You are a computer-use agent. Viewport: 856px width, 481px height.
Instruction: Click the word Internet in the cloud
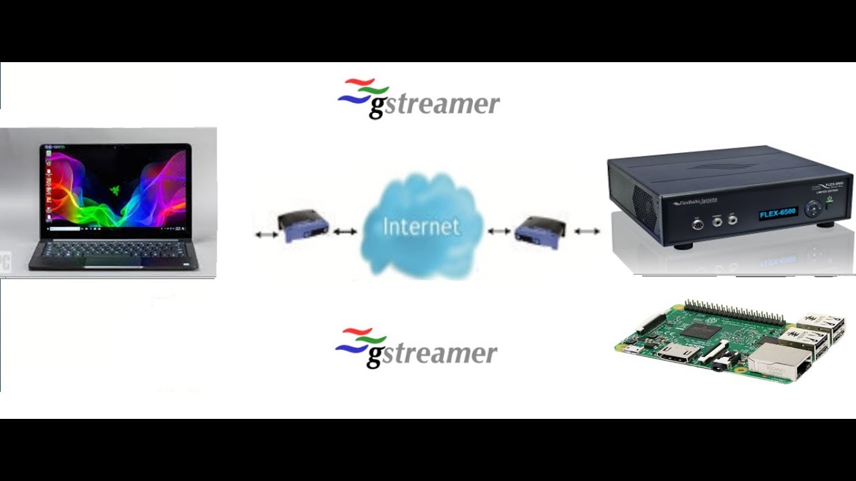[421, 226]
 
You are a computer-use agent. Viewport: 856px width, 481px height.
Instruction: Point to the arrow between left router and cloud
[344, 231]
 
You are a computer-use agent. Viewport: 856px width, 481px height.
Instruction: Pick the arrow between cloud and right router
[499, 231]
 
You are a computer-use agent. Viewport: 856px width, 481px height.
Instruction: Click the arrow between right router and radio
[587, 231]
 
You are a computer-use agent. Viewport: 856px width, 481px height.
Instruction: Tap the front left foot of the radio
[682, 245]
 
